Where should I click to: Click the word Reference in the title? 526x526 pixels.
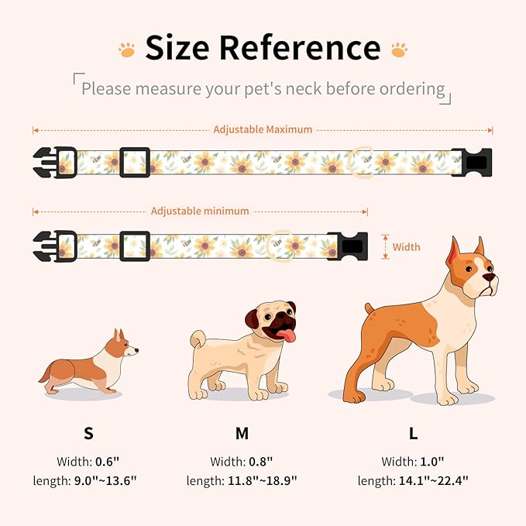pyautogui.click(x=300, y=48)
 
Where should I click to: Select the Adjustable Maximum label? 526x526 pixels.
pyautogui.click(x=263, y=129)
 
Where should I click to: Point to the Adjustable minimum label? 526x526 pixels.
pyautogui.click(x=200, y=211)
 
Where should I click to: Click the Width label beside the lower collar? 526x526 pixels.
pyautogui.click(x=406, y=247)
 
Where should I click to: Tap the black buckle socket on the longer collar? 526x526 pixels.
pyautogui.click(x=472, y=163)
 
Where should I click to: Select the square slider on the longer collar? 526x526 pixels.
pyautogui.click(x=134, y=163)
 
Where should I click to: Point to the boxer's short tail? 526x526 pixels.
pyautogui.click(x=370, y=310)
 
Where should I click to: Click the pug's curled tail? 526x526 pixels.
pyautogui.click(x=198, y=340)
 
